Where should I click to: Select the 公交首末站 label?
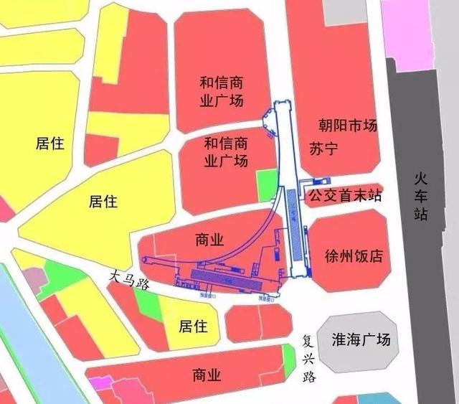coord(344,196)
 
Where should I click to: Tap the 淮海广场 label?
coord(362,339)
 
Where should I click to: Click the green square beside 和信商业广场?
coord(266,185)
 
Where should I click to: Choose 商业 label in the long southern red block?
coord(207,374)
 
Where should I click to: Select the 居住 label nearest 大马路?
coord(192,327)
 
